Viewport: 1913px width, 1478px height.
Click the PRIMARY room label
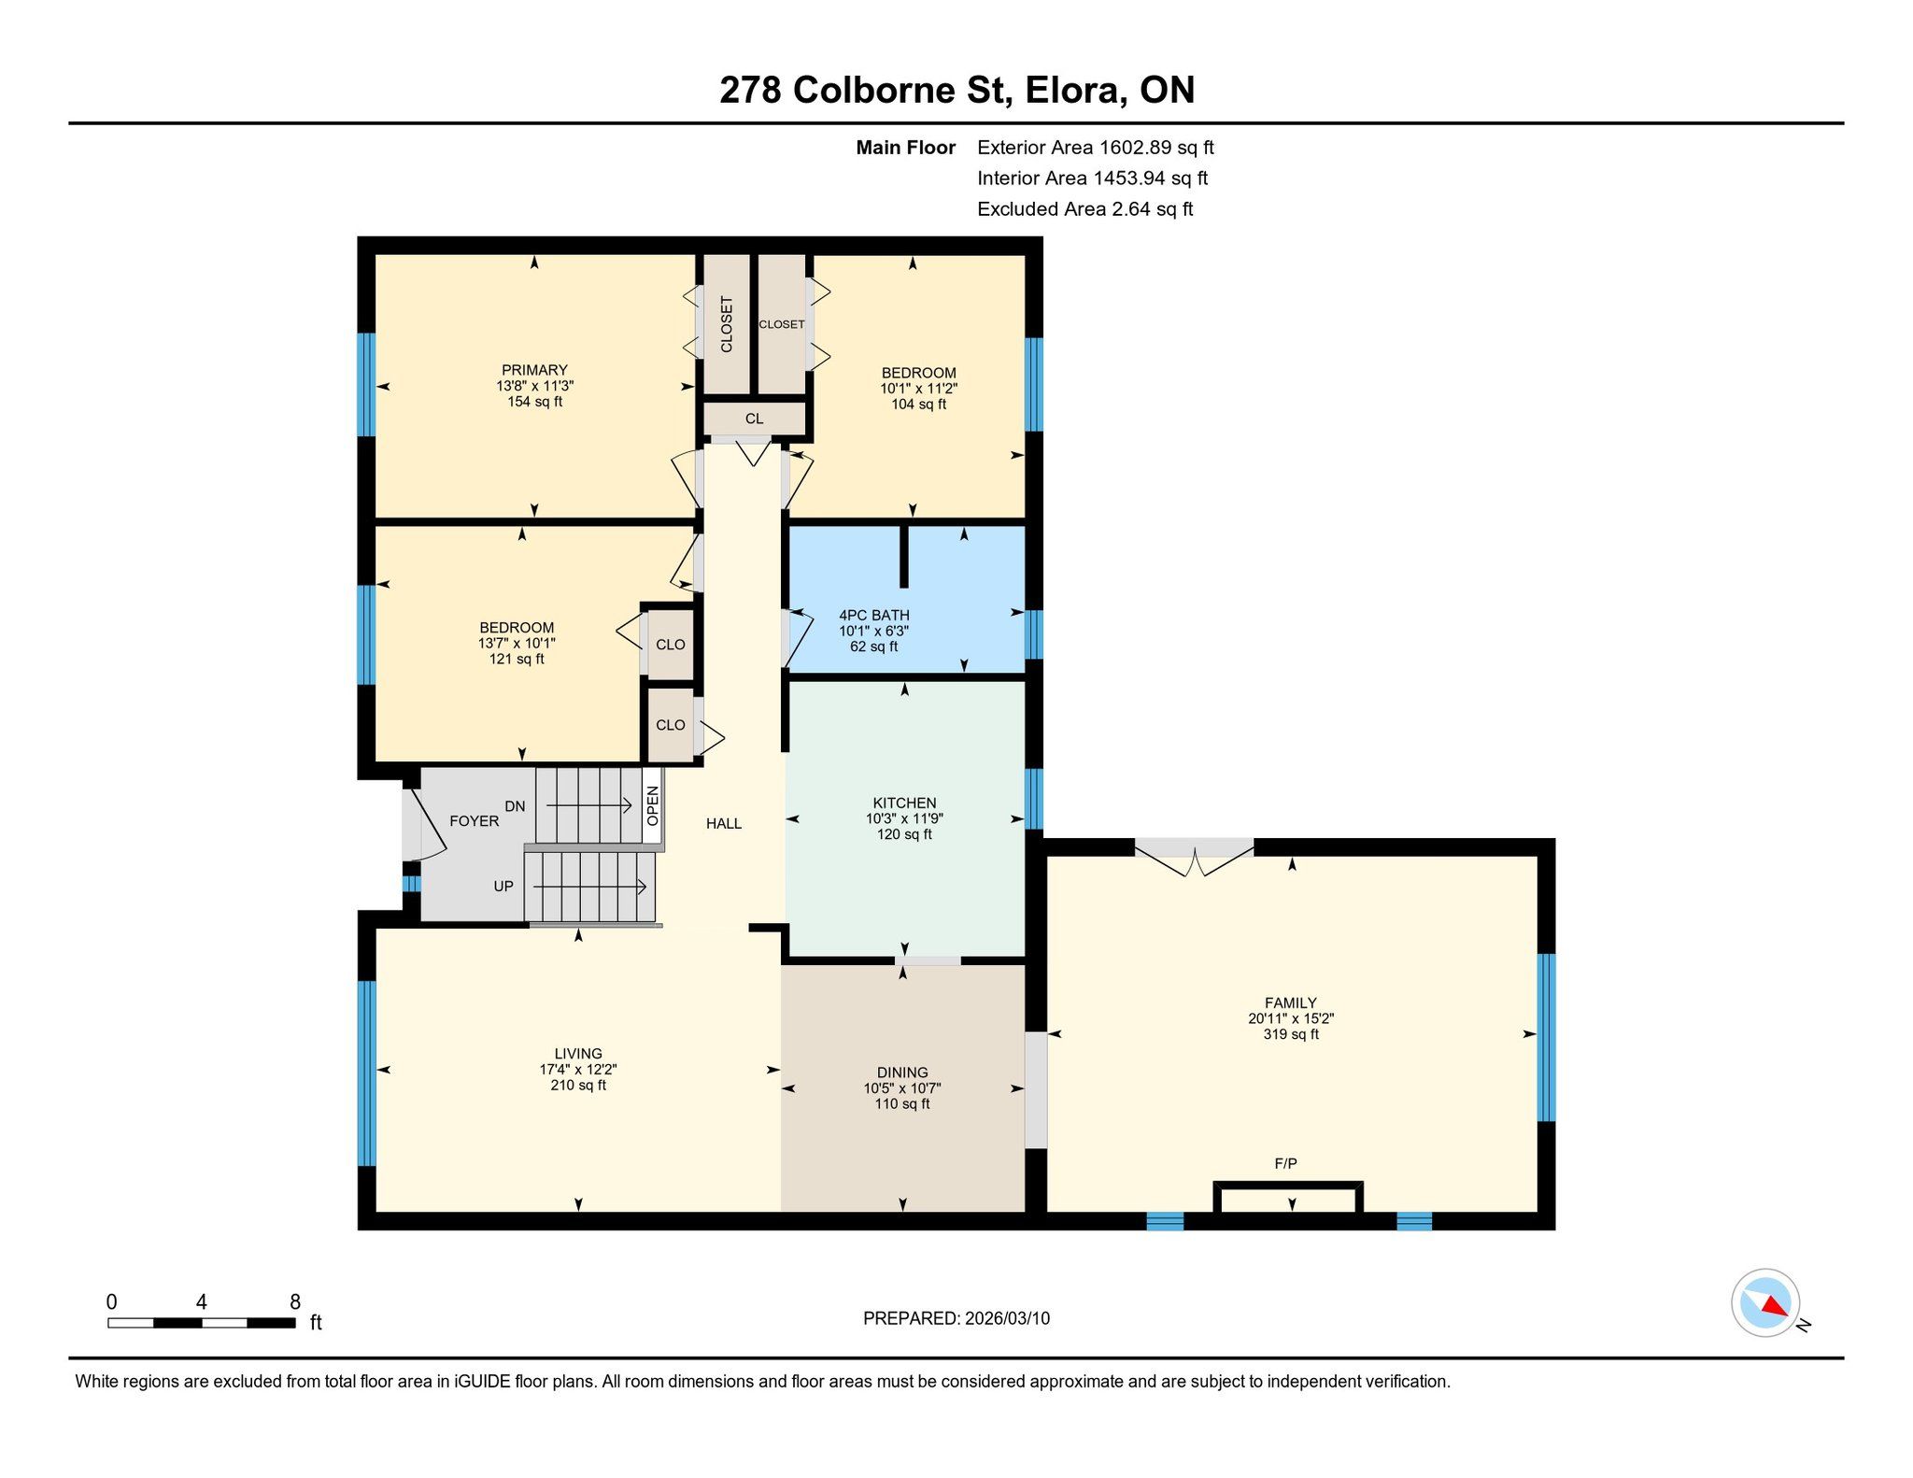tap(534, 370)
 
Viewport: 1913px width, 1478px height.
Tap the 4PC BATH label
tap(873, 616)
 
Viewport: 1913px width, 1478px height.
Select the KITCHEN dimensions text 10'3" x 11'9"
tap(904, 818)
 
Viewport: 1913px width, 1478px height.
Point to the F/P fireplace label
tap(1285, 1164)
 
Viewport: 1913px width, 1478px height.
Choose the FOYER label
tap(475, 821)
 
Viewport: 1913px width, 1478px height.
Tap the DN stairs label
tap(515, 806)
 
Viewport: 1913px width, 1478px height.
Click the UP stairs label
tap(503, 887)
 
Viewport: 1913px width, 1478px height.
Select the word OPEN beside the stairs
tap(653, 806)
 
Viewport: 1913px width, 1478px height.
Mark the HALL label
tap(724, 824)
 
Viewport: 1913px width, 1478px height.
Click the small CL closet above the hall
tap(754, 419)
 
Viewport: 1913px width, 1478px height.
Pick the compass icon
tap(1765, 1302)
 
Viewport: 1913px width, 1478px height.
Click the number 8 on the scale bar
tap(295, 1302)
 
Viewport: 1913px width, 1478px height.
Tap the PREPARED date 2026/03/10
tap(1007, 1319)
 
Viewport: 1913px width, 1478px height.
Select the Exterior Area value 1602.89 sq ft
tap(1156, 148)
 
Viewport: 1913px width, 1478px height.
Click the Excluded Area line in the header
tap(1085, 209)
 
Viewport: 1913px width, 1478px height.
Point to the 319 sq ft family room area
tap(1291, 1035)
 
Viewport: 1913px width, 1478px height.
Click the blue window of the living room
tap(367, 1073)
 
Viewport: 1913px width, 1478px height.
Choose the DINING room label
tap(902, 1073)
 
